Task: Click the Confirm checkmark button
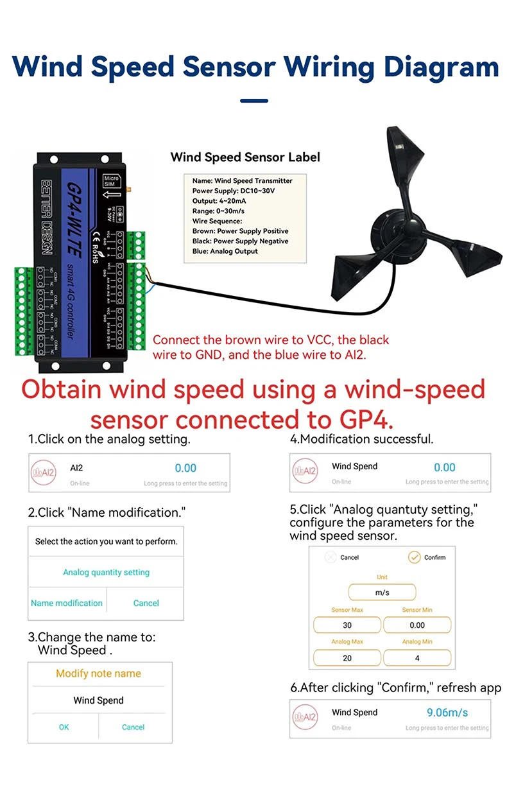pyautogui.click(x=415, y=557)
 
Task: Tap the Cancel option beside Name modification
pyautogui.click(x=146, y=603)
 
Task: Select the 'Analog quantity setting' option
pyautogui.click(x=106, y=572)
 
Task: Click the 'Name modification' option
pyautogui.click(x=67, y=603)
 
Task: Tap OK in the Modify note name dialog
pyautogui.click(x=64, y=727)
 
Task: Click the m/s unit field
pyautogui.click(x=382, y=593)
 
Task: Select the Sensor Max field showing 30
pyautogui.click(x=347, y=625)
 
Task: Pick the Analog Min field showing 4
pyautogui.click(x=417, y=658)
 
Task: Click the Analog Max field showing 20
pyautogui.click(x=347, y=658)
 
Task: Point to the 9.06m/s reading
pyautogui.click(x=447, y=712)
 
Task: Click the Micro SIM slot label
pyautogui.click(x=112, y=181)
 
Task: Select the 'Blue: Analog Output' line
pyautogui.click(x=225, y=251)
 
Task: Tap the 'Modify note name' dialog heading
pyautogui.click(x=98, y=673)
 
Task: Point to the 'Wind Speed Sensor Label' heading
pyautogui.click(x=245, y=157)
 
